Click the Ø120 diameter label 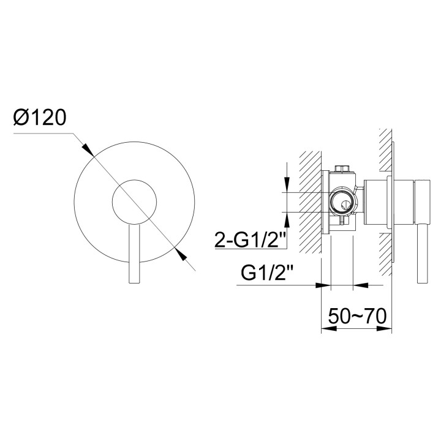coord(40,117)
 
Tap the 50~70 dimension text coord(357,316)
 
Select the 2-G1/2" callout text coord(250,239)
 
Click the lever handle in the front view coord(134,254)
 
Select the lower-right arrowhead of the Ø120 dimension coord(180,253)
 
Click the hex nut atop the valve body coord(342,168)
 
